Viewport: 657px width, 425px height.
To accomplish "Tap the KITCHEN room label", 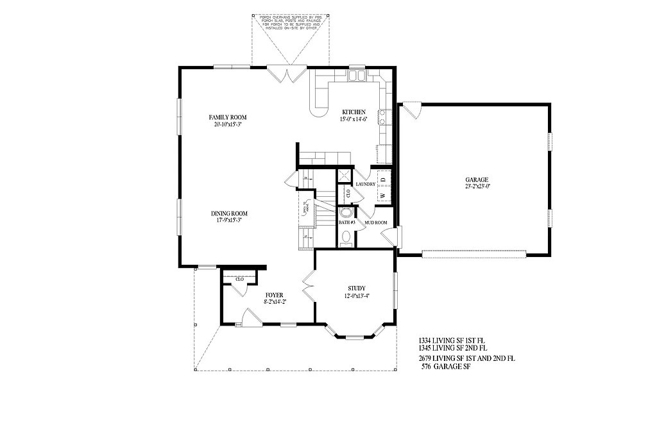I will coord(354,112).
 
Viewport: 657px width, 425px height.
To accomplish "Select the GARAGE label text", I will coord(477,179).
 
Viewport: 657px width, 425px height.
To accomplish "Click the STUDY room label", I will coord(356,288).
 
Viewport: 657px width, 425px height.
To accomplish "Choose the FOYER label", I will coord(275,295).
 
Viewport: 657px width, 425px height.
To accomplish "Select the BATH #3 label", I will coord(347,222).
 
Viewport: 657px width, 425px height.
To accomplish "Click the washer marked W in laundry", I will coord(383,195).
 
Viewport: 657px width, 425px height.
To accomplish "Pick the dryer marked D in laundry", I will coord(383,179).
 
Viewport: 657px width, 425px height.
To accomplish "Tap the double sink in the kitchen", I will coord(356,76).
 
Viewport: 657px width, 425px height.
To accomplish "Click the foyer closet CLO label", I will coord(239,279).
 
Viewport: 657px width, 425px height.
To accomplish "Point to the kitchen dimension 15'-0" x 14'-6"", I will coord(354,119).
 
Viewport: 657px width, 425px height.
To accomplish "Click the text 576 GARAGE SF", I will coord(446,367).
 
